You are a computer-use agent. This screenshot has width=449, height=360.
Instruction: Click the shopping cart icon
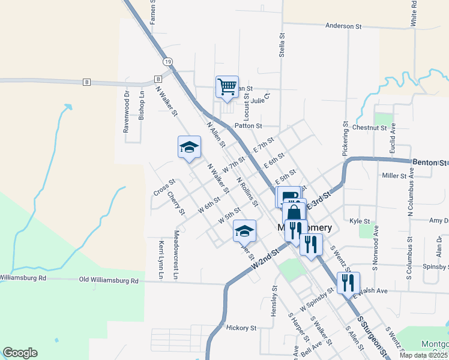227,86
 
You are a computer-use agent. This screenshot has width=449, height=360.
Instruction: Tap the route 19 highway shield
167,62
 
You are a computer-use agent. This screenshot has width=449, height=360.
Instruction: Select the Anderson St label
344,26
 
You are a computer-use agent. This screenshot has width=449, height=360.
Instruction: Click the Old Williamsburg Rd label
109,280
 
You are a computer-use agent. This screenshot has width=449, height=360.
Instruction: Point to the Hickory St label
242,328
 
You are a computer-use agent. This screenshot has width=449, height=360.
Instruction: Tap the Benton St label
430,163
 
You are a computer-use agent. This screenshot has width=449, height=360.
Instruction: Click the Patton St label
249,126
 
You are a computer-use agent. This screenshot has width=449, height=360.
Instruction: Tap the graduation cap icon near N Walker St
188,148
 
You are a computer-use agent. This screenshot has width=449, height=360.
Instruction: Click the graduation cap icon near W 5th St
244,231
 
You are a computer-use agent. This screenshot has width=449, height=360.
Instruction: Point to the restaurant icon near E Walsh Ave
348,283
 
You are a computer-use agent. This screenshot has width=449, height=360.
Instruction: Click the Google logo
20,353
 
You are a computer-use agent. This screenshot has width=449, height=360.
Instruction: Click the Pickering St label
346,139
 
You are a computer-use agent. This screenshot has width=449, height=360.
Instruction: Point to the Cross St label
163,187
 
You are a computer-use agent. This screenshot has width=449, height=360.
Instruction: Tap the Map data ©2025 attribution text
424,355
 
